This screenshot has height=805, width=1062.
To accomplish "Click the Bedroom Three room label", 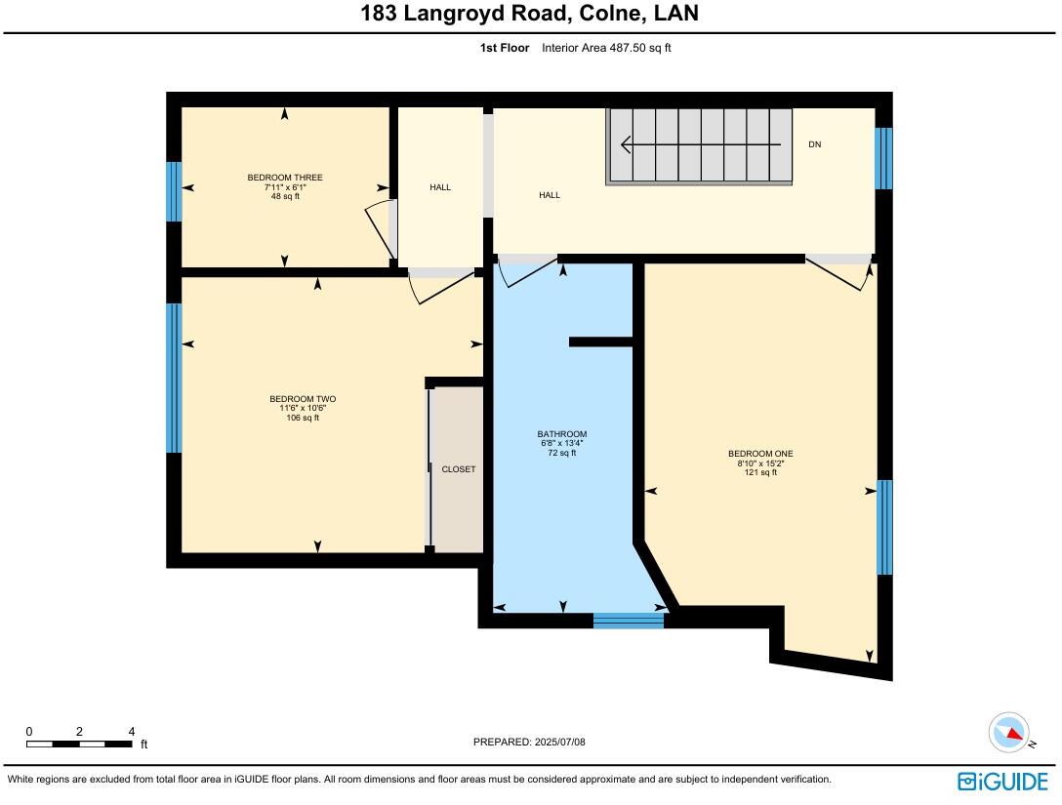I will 284,178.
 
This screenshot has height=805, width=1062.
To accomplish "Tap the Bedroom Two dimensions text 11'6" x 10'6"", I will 303,409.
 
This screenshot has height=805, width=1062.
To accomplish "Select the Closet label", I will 459,469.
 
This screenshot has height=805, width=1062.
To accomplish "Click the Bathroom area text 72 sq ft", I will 561,453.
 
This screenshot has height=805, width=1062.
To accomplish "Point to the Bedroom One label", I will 760,454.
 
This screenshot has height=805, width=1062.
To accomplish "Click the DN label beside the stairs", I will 815,144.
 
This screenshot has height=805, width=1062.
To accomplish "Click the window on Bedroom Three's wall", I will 174,191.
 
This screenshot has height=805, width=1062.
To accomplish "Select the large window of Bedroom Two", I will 174,378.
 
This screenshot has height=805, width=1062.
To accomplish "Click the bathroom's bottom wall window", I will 629,621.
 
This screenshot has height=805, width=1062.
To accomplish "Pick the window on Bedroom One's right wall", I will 884,527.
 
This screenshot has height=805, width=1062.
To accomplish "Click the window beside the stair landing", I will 883,158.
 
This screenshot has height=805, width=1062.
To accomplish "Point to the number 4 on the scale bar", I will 131,732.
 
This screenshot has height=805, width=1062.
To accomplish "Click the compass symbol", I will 1009,733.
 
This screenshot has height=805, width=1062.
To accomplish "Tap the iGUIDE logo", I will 1002,781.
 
